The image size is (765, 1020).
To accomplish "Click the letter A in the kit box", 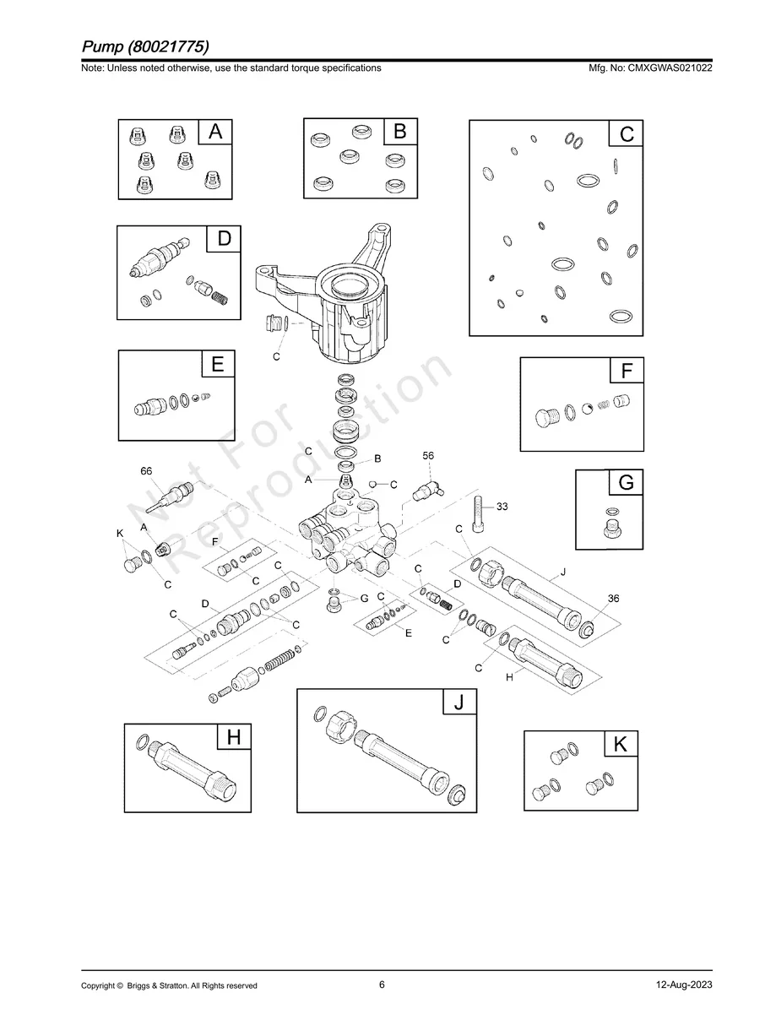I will pos(215,132).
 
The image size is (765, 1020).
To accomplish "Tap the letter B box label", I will pos(400,132).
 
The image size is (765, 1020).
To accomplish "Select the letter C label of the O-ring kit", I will pos(627,134).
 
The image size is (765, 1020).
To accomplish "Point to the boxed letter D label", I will pos(224,239).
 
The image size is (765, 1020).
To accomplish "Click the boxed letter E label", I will pos(218,365).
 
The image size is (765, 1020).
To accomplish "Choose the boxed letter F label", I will pos(627,372).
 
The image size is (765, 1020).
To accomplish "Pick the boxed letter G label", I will pos(626,483).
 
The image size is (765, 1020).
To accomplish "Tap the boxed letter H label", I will pos(234,737).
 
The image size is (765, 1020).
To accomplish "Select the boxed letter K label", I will pos(621,745).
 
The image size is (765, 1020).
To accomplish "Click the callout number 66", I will pos(147,471).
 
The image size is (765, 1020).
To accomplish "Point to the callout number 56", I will pos(428,456).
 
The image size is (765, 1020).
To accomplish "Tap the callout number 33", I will pos(502,507).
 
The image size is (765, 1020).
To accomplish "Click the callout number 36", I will pos(614,598).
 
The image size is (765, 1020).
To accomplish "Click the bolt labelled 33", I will pos(478,514).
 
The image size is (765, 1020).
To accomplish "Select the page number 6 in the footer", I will pos(382,985).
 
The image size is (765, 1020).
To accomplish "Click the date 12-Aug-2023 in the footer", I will pos(684,985).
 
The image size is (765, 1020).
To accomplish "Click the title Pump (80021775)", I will pos(146,46).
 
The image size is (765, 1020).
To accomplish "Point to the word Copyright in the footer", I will pos(98,986).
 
